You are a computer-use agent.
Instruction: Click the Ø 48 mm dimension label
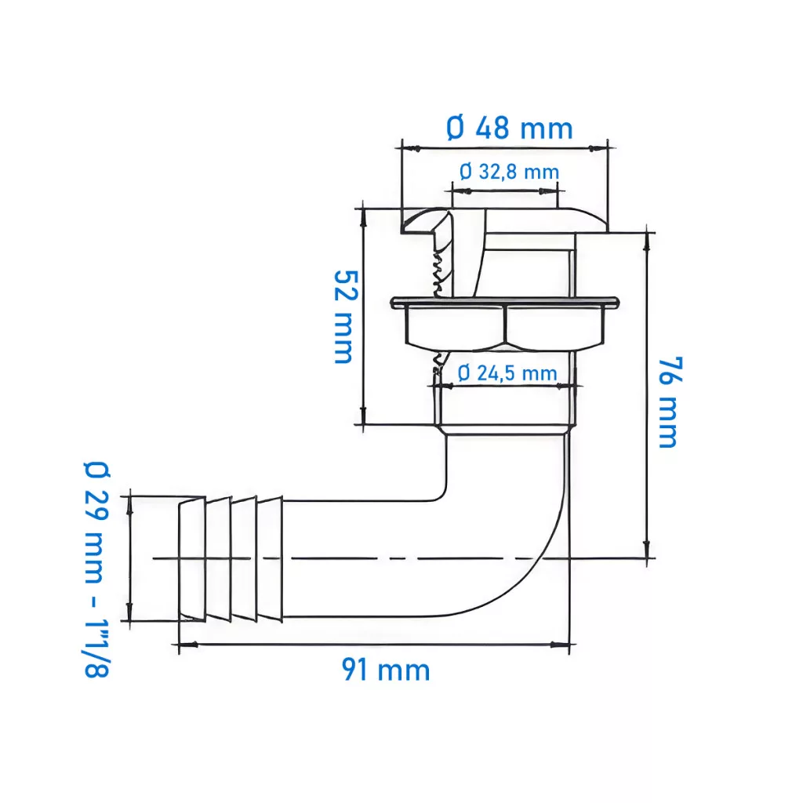pyautogui.click(x=509, y=128)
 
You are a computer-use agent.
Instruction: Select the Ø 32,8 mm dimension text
pyautogui.click(x=509, y=172)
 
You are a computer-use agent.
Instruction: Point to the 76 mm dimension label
pyautogui.click(x=670, y=402)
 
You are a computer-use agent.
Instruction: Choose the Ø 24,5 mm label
pyautogui.click(x=507, y=372)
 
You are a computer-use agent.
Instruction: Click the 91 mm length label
pyautogui.click(x=386, y=670)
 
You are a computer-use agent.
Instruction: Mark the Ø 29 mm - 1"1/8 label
pyautogui.click(x=96, y=569)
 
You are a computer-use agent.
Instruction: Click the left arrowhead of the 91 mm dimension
pyautogui.click(x=188, y=645)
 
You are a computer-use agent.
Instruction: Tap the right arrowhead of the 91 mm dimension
pyautogui.click(x=560, y=645)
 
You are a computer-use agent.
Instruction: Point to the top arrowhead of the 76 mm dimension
pyautogui.click(x=647, y=242)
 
